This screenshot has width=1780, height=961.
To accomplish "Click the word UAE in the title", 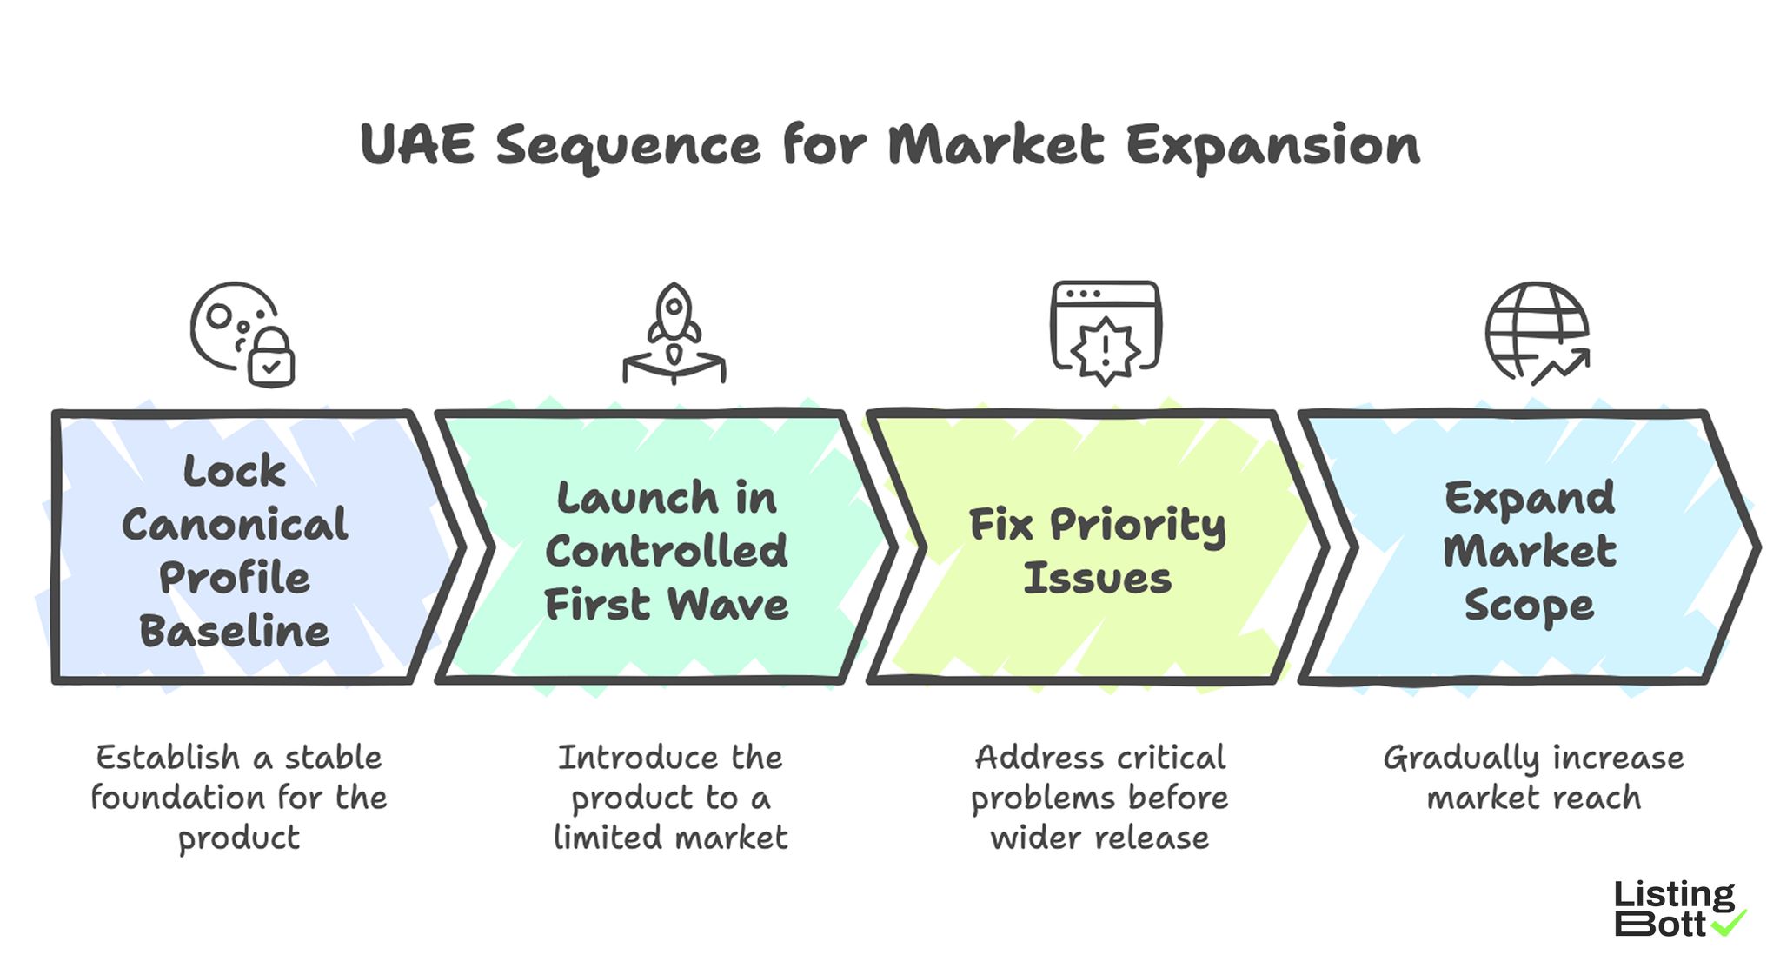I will [x=417, y=144].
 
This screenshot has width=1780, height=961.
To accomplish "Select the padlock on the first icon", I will [x=271, y=358].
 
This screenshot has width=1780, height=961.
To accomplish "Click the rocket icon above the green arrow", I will [x=674, y=317].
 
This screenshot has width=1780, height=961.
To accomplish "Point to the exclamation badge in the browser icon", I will [x=1105, y=350].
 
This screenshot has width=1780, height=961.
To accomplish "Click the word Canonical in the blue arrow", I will [x=235, y=525].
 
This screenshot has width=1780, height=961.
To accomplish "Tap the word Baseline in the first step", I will [x=235, y=632].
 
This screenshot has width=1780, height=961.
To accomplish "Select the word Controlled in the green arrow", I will [x=667, y=551].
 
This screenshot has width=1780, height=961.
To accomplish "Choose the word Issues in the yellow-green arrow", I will [x=1098, y=579].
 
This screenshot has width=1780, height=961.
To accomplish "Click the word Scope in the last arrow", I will [x=1530, y=606].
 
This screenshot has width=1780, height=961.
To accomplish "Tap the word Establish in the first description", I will [x=168, y=758].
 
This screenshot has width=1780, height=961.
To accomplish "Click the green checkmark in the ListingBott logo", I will [x=1729, y=922].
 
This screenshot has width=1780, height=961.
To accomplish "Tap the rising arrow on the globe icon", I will [x=1562, y=366].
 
